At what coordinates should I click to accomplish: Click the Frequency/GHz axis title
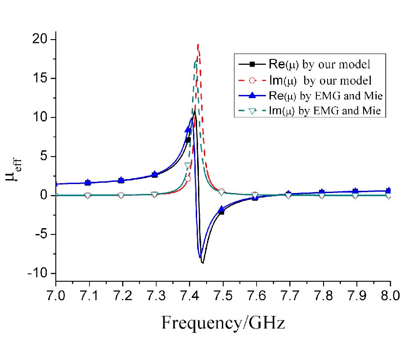[223, 323]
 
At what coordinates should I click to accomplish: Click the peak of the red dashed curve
[198, 45]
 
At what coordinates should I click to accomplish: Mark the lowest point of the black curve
[202, 263]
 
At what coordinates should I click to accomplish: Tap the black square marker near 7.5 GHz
[221, 211]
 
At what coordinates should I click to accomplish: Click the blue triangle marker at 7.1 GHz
[88, 182]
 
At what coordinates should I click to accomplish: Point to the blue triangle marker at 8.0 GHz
[389, 190]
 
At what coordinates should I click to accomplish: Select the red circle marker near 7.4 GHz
[188, 179]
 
